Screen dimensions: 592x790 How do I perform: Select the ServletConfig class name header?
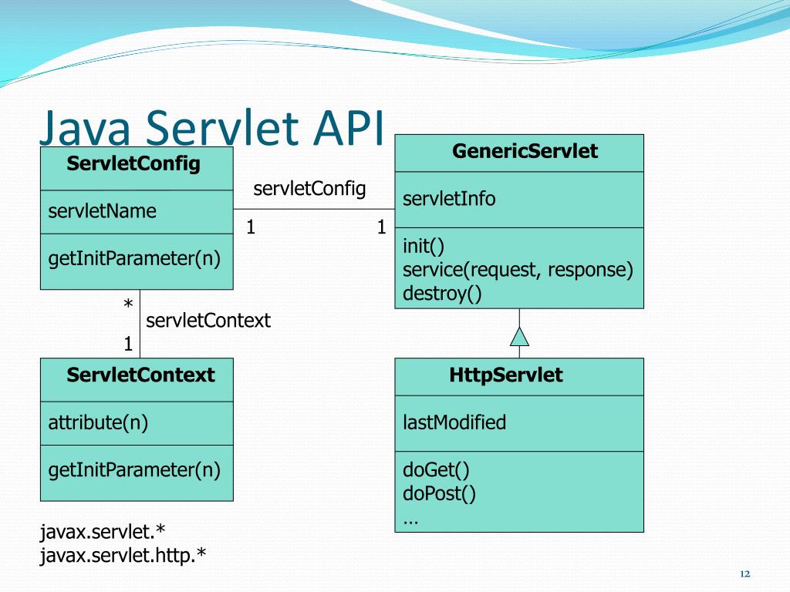[133, 163]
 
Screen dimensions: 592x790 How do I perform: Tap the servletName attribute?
[102, 211]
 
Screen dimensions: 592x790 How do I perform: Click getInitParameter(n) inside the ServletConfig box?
[134, 258]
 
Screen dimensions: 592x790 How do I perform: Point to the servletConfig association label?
[309, 189]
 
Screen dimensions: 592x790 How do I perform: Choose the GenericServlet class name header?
[525, 151]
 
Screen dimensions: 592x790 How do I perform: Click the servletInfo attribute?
[449, 199]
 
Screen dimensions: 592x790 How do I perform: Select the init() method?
[424, 246]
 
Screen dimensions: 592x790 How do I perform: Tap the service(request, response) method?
[518, 270]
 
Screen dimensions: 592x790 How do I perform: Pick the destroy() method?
[442, 294]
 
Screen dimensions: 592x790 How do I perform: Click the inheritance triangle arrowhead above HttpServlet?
[519, 337]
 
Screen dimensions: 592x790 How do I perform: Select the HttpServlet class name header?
[506, 375]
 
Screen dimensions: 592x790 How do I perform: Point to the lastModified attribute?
[454, 422]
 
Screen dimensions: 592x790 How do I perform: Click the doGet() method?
[436, 469]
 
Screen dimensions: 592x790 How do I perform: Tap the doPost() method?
[439, 493]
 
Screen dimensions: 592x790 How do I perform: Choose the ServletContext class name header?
[140, 375]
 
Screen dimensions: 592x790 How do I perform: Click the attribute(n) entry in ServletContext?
[98, 422]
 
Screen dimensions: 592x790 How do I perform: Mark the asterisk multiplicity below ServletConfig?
[128, 306]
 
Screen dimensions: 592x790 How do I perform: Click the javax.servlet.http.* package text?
[123, 555]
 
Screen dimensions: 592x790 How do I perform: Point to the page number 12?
[744, 574]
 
